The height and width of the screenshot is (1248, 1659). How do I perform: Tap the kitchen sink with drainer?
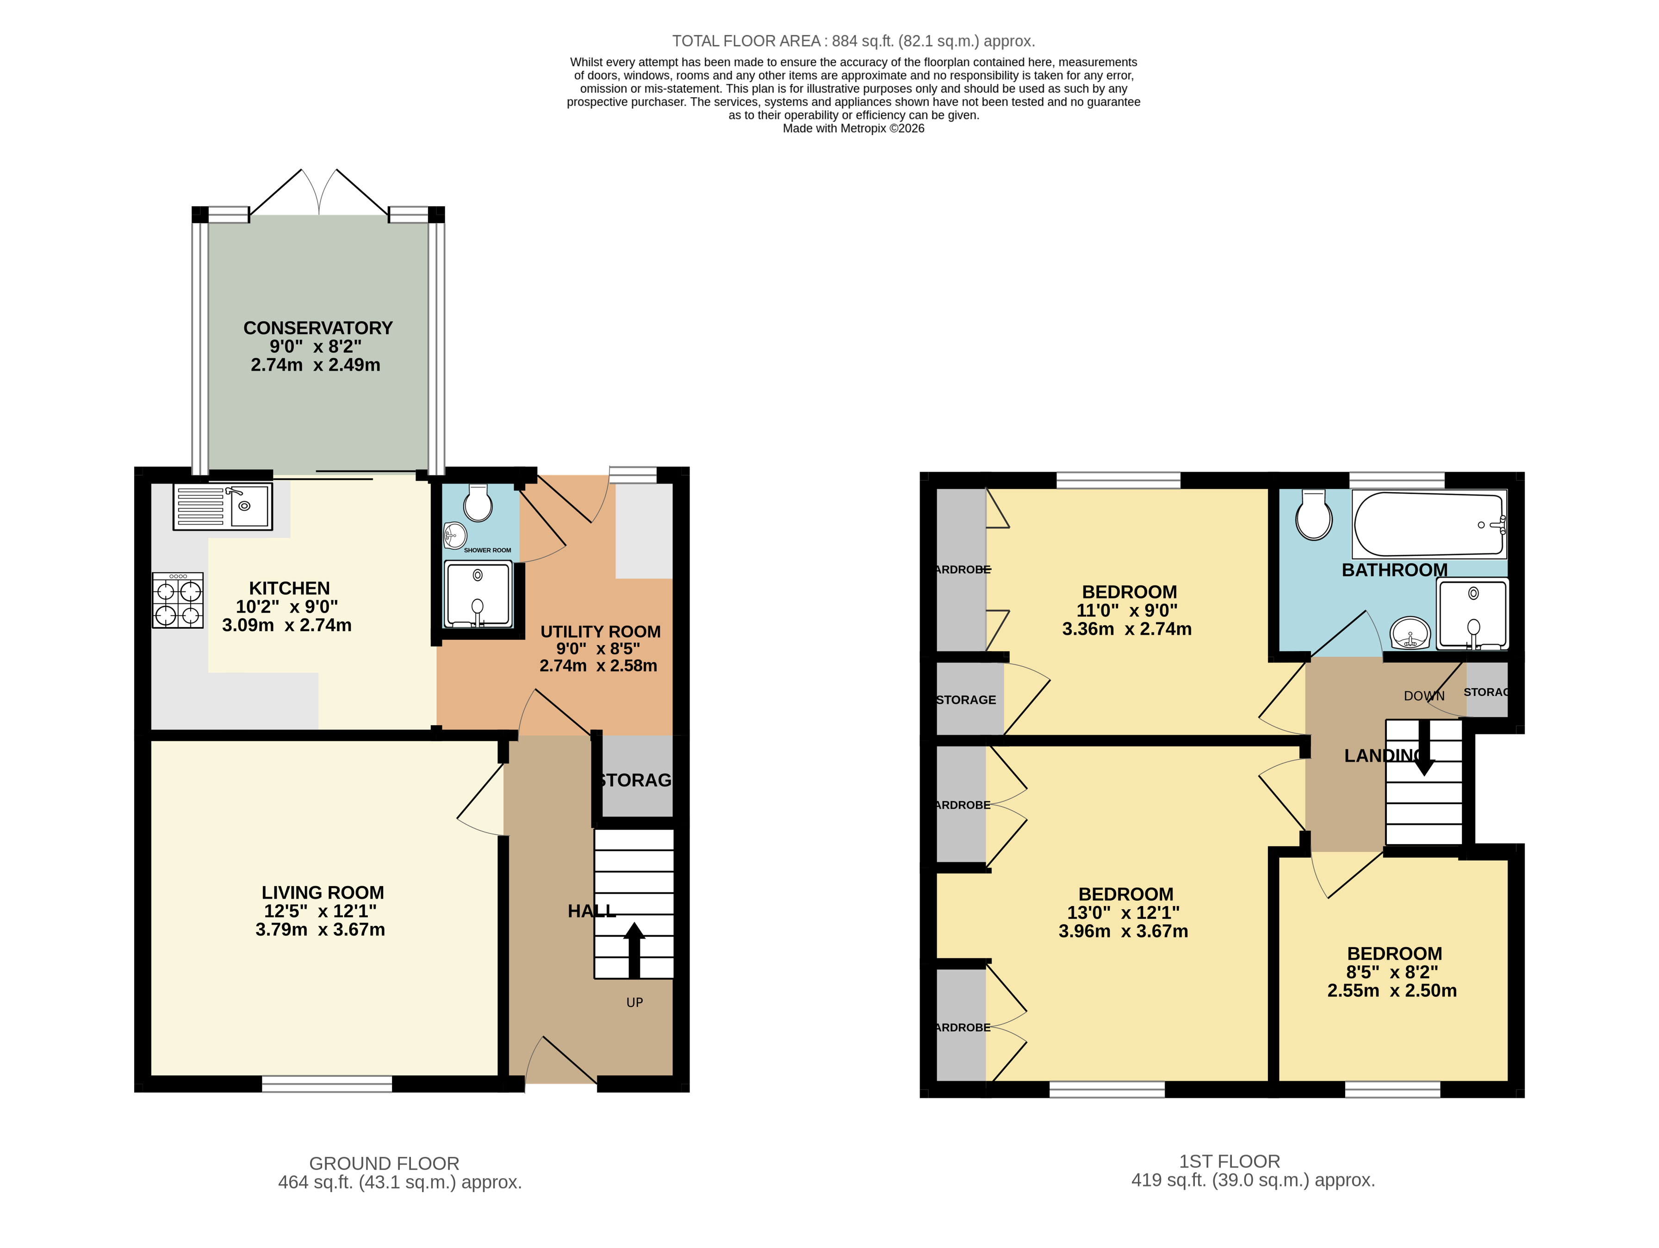223,506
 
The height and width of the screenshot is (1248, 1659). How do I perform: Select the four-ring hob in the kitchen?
178,600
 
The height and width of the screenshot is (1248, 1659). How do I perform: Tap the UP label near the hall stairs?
634,1003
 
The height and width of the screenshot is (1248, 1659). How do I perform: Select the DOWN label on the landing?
1423,696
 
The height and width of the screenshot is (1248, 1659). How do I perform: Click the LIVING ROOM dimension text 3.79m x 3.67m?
320,930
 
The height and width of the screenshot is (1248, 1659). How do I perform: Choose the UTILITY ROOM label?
600,632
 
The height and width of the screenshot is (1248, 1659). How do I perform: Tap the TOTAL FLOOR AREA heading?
853,41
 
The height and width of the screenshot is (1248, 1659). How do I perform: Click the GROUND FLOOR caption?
384,1163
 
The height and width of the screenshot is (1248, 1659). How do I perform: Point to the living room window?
327,1084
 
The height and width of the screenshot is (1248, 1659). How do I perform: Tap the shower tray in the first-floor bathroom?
1472,614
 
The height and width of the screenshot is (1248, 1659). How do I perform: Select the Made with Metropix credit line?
853,128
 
